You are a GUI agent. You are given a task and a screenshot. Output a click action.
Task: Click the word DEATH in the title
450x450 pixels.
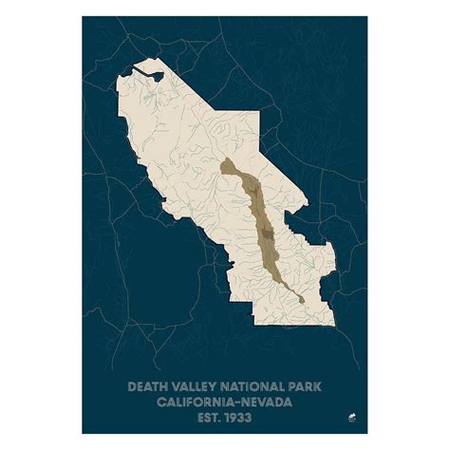pos(144,386)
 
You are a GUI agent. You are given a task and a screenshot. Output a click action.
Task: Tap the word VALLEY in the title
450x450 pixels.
pos(190,386)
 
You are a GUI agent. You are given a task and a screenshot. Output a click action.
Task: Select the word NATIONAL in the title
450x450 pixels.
pos(245,386)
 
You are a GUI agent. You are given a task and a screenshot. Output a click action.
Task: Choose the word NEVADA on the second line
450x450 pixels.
pos(265,400)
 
